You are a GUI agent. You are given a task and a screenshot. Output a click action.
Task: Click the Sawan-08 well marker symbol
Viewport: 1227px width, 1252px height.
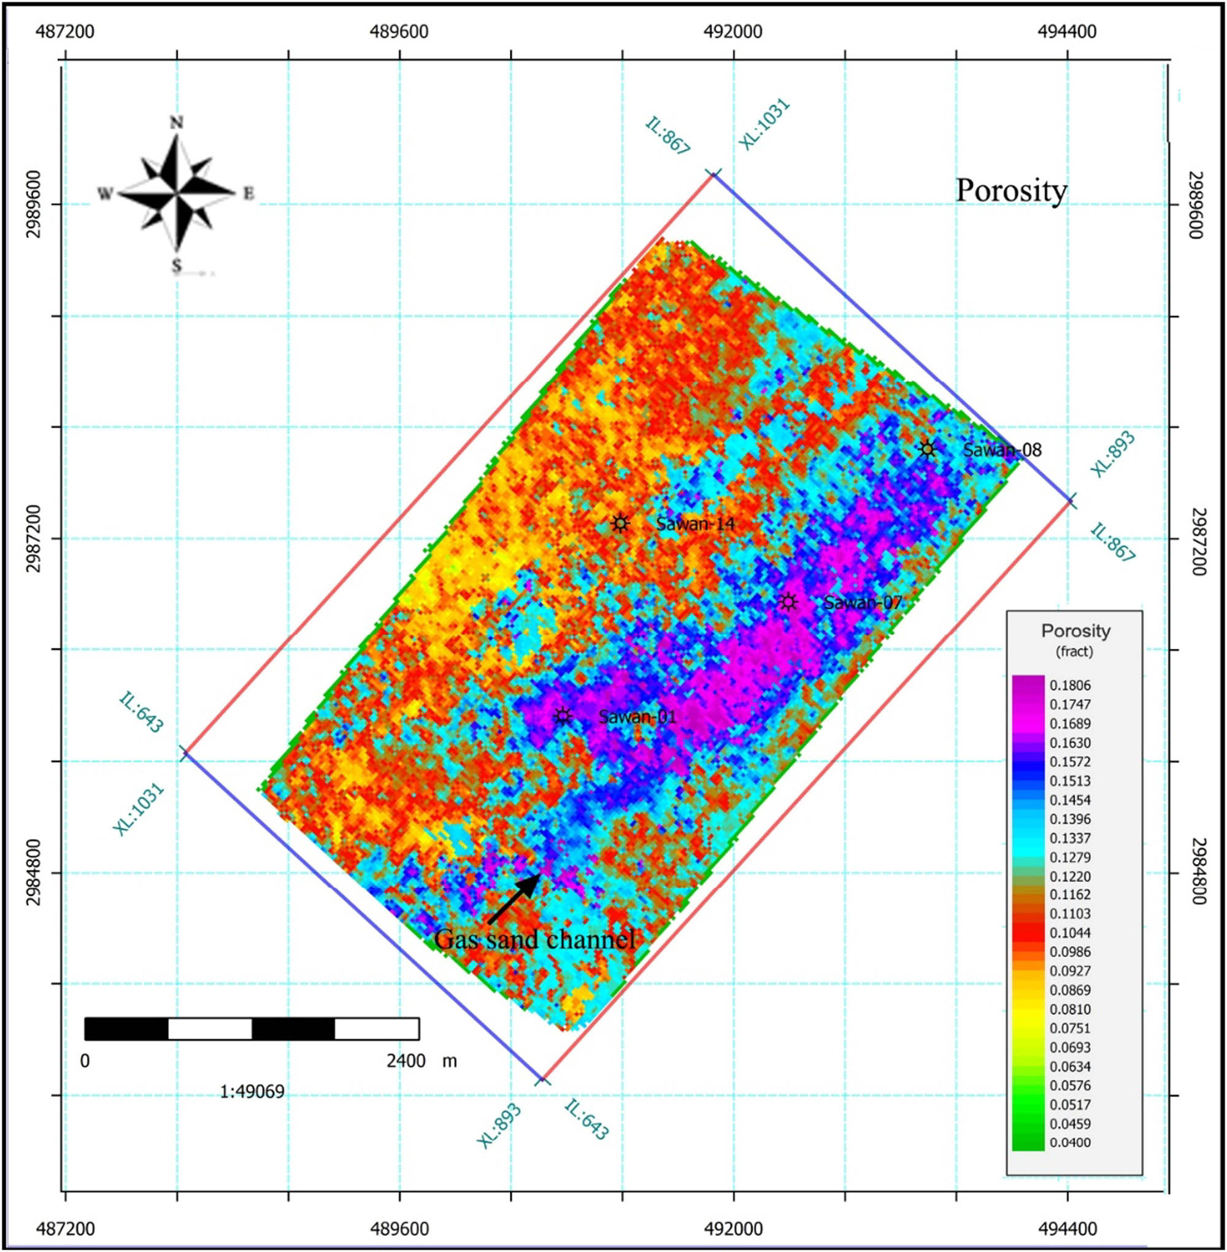[x=927, y=449]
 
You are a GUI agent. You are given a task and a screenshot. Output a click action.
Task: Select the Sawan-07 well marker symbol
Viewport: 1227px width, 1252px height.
[x=787, y=602]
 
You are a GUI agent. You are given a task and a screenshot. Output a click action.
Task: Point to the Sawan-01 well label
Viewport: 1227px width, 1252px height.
[x=637, y=716]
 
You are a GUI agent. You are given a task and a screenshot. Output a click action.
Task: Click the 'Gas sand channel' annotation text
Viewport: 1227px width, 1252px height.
[x=535, y=940]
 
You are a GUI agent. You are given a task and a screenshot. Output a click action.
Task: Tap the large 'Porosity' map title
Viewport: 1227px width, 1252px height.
[x=1011, y=191]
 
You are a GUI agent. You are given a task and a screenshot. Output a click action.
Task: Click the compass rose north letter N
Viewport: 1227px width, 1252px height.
[x=176, y=123]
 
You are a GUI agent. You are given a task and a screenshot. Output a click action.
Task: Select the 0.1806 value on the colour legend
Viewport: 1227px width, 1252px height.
[x=1070, y=686]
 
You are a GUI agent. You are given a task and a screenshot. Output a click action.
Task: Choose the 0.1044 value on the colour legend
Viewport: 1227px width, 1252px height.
[x=1070, y=933]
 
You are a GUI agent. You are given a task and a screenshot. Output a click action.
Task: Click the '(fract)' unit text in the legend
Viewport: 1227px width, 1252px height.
[x=1074, y=652]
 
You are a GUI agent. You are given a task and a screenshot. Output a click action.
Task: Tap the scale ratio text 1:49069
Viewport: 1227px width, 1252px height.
[x=252, y=1092]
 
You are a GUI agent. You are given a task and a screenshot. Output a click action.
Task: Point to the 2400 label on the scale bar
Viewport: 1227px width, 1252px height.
[x=406, y=1061]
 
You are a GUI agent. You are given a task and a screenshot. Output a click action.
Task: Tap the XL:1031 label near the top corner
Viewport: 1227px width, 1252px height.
[x=764, y=126]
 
